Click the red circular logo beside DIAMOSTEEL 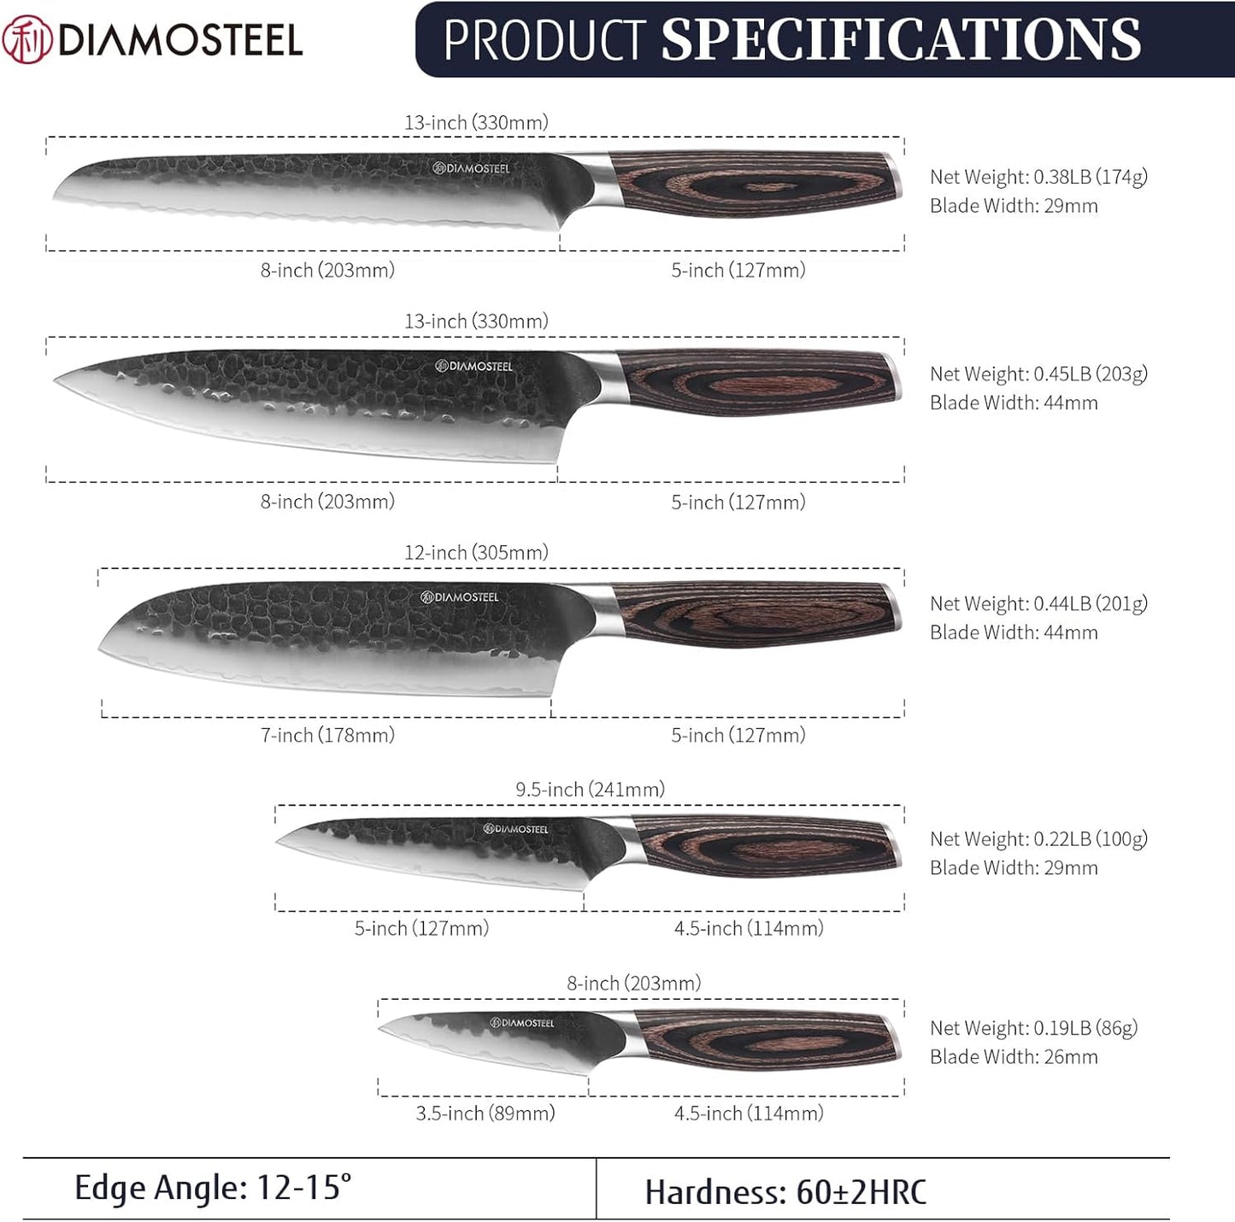27,39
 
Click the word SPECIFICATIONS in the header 902,40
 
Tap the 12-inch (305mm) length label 476,553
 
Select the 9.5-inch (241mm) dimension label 590,790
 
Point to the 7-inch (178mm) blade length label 327,735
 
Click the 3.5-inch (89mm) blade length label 485,1113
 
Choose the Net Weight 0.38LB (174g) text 1038,177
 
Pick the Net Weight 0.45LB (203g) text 1038,374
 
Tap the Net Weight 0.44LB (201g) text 1038,604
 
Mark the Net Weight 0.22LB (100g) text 1038,839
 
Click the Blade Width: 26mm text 1014,1057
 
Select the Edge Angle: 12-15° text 213,1189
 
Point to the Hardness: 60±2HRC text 785,1193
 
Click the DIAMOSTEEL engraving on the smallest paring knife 522,1023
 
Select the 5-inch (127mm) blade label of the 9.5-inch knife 421,928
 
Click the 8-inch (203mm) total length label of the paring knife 633,984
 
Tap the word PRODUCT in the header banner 544,40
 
